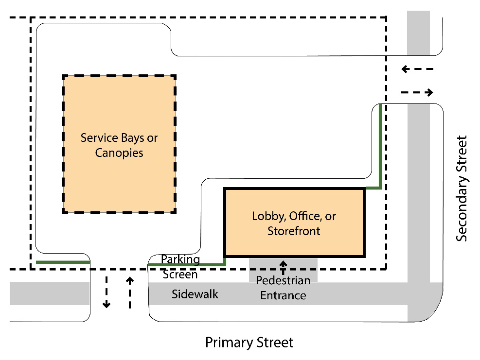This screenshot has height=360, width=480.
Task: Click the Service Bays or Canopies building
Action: [119, 144]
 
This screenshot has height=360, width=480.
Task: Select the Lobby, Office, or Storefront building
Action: [295, 223]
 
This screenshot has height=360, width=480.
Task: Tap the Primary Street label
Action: [249, 343]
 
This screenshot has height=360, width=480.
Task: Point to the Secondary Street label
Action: [462, 189]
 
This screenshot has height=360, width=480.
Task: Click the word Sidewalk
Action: [195, 294]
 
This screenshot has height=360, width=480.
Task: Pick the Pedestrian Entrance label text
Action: [283, 288]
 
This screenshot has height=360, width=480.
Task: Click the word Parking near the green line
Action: [180, 260]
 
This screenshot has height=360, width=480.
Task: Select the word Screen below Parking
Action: [180, 274]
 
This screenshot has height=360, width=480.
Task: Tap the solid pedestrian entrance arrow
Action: [283, 268]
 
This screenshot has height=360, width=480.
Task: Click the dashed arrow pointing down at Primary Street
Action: [107, 292]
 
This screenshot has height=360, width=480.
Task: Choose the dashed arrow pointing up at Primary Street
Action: [130, 292]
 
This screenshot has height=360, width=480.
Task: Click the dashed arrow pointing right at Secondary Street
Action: [417, 92]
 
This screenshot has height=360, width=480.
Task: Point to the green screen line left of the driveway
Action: [63, 262]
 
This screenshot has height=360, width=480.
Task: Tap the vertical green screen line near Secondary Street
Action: [380, 146]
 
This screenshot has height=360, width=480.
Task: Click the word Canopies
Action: [119, 153]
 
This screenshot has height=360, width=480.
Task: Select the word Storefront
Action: [294, 231]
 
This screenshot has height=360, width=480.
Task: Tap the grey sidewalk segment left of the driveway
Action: [50, 293]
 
